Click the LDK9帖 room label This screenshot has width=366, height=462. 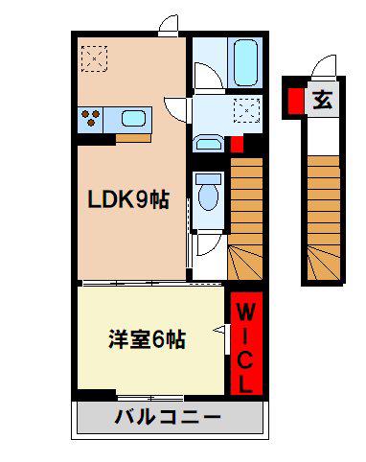tap(128, 200)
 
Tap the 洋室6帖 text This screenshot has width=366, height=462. tap(148, 339)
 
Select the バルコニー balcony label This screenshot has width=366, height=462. tap(168, 417)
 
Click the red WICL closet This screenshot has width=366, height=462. tap(246, 343)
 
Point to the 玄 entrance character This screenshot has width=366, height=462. tap(322, 100)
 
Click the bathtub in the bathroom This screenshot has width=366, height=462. tap(245, 62)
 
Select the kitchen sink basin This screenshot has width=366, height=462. tap(133, 118)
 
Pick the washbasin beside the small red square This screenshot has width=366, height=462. tap(209, 143)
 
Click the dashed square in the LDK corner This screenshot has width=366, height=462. tap(94, 58)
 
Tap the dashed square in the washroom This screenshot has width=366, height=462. tap(246, 110)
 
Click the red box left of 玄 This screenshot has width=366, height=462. tap(296, 101)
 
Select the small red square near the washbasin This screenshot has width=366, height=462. tap(237, 144)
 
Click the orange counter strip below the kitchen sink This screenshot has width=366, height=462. tap(133, 138)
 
